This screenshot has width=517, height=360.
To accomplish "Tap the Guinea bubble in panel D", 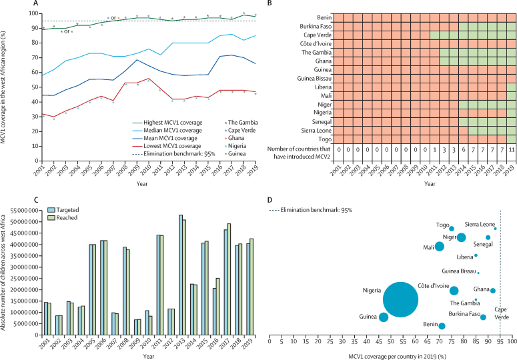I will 384,317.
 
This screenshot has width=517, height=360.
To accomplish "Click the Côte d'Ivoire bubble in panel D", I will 454,291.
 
